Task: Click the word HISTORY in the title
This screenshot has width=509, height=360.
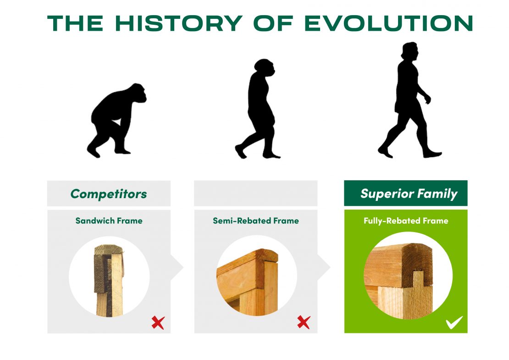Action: [179, 23]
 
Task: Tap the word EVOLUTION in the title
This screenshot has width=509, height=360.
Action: [388, 23]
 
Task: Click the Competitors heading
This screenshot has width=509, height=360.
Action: [109, 194]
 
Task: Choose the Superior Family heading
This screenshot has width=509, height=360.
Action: [409, 194]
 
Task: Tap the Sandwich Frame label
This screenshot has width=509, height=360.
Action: [109, 221]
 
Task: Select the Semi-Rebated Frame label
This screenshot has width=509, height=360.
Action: [256, 221]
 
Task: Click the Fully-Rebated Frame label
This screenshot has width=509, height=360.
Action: [406, 221]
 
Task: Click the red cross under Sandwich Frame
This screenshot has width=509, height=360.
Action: [158, 323]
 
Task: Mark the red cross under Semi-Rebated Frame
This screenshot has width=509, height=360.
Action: [304, 322]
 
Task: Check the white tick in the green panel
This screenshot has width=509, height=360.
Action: [454, 322]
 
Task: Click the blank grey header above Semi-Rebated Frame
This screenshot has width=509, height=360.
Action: [255, 193]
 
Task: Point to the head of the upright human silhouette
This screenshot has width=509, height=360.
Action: [409, 50]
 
